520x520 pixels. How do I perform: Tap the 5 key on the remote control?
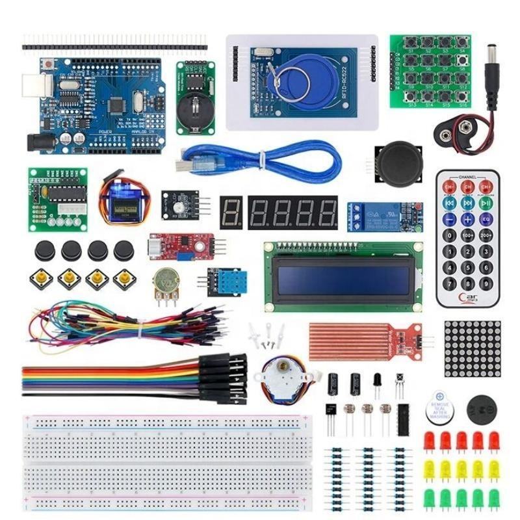(x=467, y=251)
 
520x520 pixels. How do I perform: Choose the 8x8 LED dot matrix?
(x=473, y=348)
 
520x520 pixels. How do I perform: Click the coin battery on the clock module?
(x=193, y=107)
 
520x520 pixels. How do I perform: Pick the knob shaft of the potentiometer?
(x=163, y=280)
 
